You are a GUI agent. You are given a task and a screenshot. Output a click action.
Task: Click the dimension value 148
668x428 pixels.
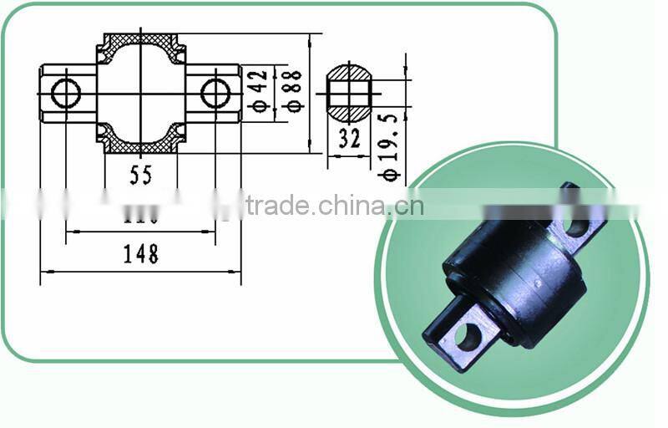click(140, 254)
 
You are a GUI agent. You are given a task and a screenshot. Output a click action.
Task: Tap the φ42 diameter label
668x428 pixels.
click(259, 91)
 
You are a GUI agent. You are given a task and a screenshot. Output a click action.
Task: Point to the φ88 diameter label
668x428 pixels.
click(292, 91)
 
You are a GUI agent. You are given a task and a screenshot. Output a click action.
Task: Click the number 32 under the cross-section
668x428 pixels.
click(349, 139)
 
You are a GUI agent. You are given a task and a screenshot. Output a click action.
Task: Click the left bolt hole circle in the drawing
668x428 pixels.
click(66, 93)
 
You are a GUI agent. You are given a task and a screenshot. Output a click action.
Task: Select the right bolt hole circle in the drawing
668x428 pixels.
click(215, 93)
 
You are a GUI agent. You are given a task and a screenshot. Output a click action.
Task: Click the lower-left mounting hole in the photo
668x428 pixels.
click(468, 336)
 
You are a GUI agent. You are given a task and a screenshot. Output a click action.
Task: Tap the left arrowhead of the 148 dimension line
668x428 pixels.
click(43, 272)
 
